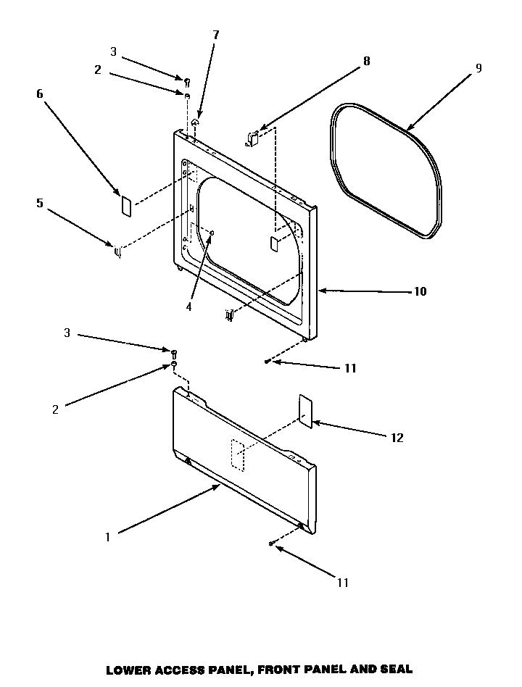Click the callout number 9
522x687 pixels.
pos(479,68)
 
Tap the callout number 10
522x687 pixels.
pos(420,292)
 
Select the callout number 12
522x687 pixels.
pos(397,438)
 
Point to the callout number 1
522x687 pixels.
pos(107,537)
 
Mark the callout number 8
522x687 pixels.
pos(366,61)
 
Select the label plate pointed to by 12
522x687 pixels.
pos(305,412)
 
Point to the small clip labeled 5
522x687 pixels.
pos(117,251)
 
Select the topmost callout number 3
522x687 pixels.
pos(113,51)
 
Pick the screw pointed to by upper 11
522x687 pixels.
pos(268,360)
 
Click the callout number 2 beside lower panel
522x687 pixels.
pos(55,409)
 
